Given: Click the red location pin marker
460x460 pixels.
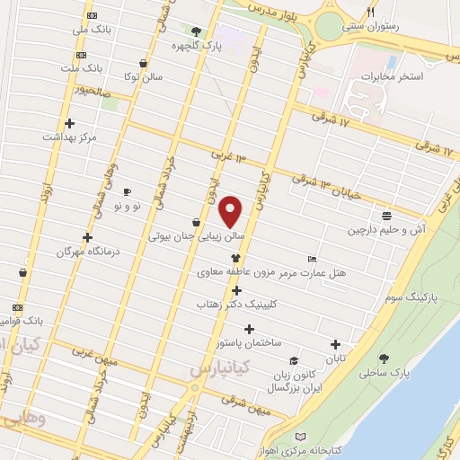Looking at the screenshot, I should (x=231, y=211).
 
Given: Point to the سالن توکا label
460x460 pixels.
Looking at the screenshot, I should (x=144, y=77).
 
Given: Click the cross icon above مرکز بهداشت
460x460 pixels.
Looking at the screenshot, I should (x=69, y=123).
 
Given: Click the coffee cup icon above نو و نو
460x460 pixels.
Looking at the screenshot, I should (x=127, y=191).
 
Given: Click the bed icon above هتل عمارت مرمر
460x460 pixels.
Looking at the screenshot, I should (x=312, y=256).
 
